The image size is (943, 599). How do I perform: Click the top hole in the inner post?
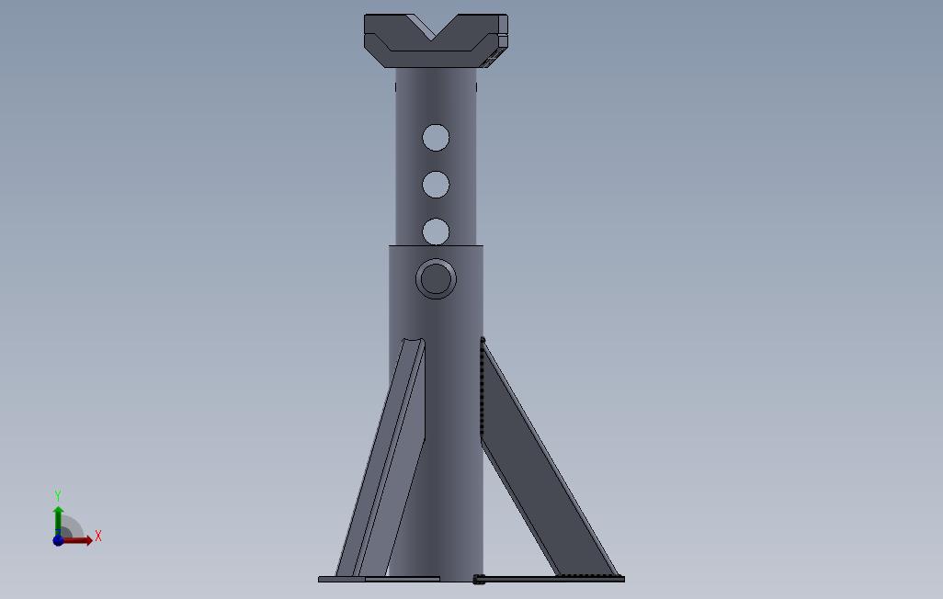click(x=436, y=138)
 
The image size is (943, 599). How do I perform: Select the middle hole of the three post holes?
click(x=436, y=185)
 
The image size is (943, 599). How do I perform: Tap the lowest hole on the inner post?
click(x=436, y=232)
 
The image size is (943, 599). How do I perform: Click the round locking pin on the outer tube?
click(x=436, y=278)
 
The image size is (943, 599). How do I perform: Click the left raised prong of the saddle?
click(x=394, y=27)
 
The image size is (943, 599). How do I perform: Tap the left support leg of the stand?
click(x=385, y=458)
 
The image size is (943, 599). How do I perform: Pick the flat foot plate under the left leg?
click(x=379, y=579)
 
